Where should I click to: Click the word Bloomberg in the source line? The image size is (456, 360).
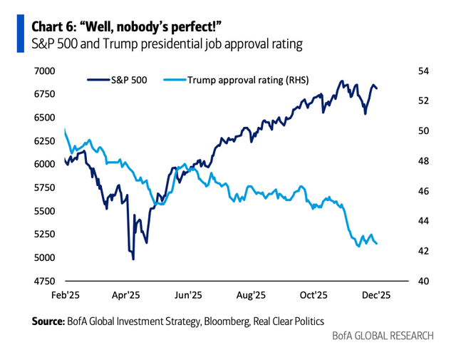tap(222, 322)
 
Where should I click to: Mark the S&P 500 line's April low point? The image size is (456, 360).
tap(133, 259)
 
